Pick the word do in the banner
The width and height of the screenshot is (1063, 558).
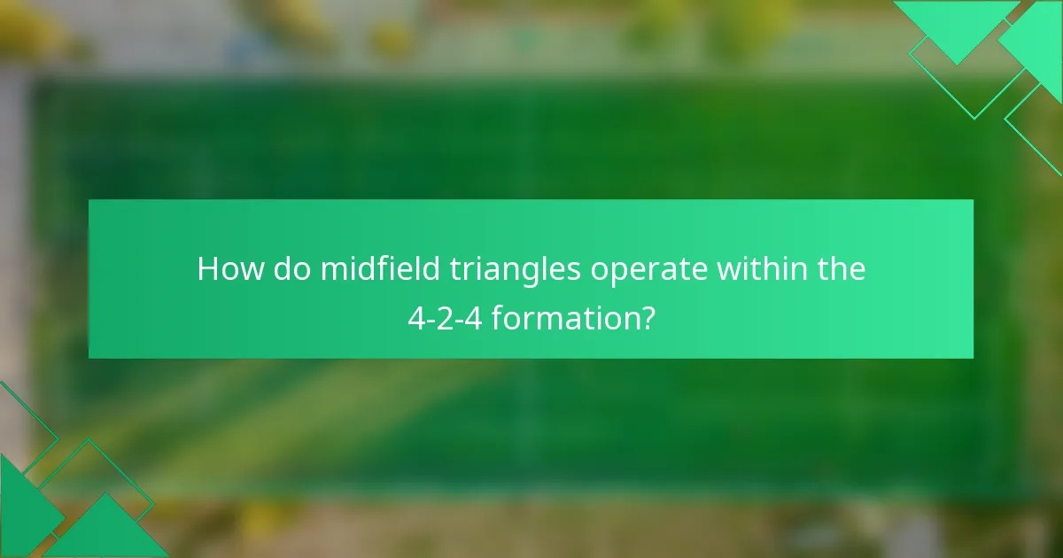click(287, 268)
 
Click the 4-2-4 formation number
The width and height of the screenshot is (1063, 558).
click(445, 318)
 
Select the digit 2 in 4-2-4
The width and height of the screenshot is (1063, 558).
click(445, 318)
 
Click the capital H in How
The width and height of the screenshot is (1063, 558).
click(207, 268)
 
